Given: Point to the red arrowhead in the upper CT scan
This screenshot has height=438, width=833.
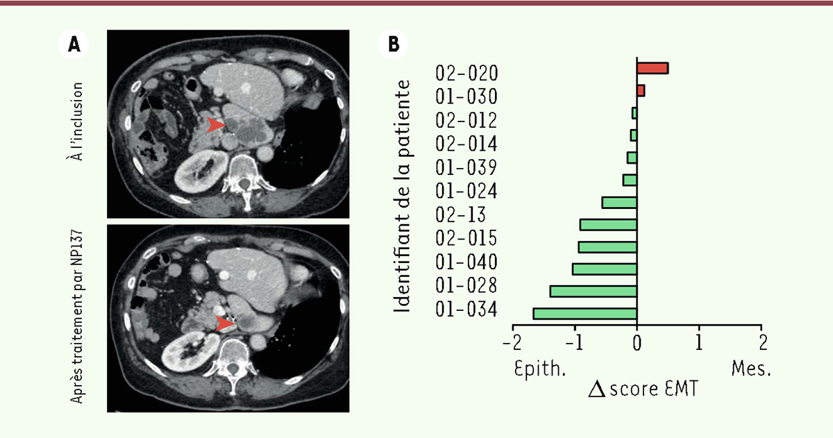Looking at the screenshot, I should [x=217, y=125].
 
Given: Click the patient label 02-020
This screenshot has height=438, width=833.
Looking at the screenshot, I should [x=466, y=72].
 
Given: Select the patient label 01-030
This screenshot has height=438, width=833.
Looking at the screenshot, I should [x=466, y=96].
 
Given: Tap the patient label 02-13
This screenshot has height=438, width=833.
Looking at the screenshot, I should [x=462, y=214].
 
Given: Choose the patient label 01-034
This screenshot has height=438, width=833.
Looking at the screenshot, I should [x=466, y=309].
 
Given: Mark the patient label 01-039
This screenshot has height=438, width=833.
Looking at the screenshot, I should [x=466, y=167].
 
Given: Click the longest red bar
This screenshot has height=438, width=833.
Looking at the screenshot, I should [x=653, y=68].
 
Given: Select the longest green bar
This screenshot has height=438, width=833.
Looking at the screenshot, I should [x=584, y=314].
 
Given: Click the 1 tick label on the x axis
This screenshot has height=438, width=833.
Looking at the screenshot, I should [x=699, y=342].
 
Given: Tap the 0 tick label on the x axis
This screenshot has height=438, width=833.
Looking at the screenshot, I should [x=637, y=342].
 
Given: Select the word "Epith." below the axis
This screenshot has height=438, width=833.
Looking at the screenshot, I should [x=540, y=368].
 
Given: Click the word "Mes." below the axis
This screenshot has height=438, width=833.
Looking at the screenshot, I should [x=751, y=368].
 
